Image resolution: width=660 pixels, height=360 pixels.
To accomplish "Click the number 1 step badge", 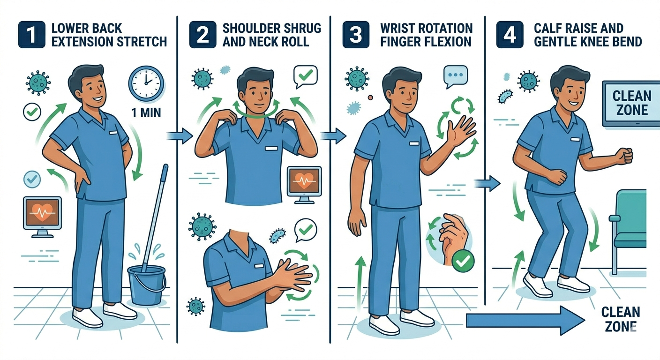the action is point(31,35).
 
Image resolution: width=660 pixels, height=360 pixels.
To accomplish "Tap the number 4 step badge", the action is point(510,35).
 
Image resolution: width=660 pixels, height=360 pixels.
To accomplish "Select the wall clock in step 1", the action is point(146,82).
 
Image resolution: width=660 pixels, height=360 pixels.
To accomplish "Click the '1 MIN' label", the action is point(146,112).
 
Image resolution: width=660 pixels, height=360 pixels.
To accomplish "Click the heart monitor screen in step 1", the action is point(43,213).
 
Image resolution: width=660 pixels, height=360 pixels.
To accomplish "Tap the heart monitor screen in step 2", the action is point(304,181).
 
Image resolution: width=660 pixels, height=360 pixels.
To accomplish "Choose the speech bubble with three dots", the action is point(455,76).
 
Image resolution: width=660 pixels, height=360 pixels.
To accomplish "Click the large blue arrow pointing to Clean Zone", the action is point(525,320).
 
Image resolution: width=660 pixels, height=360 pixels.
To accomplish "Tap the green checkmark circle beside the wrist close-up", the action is point(463,261).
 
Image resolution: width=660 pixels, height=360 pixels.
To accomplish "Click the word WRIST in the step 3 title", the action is point(397,28).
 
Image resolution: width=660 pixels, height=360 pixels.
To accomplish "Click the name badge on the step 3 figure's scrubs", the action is point(414,143).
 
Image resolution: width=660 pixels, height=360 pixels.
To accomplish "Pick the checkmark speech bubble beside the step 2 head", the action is point(306,76).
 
